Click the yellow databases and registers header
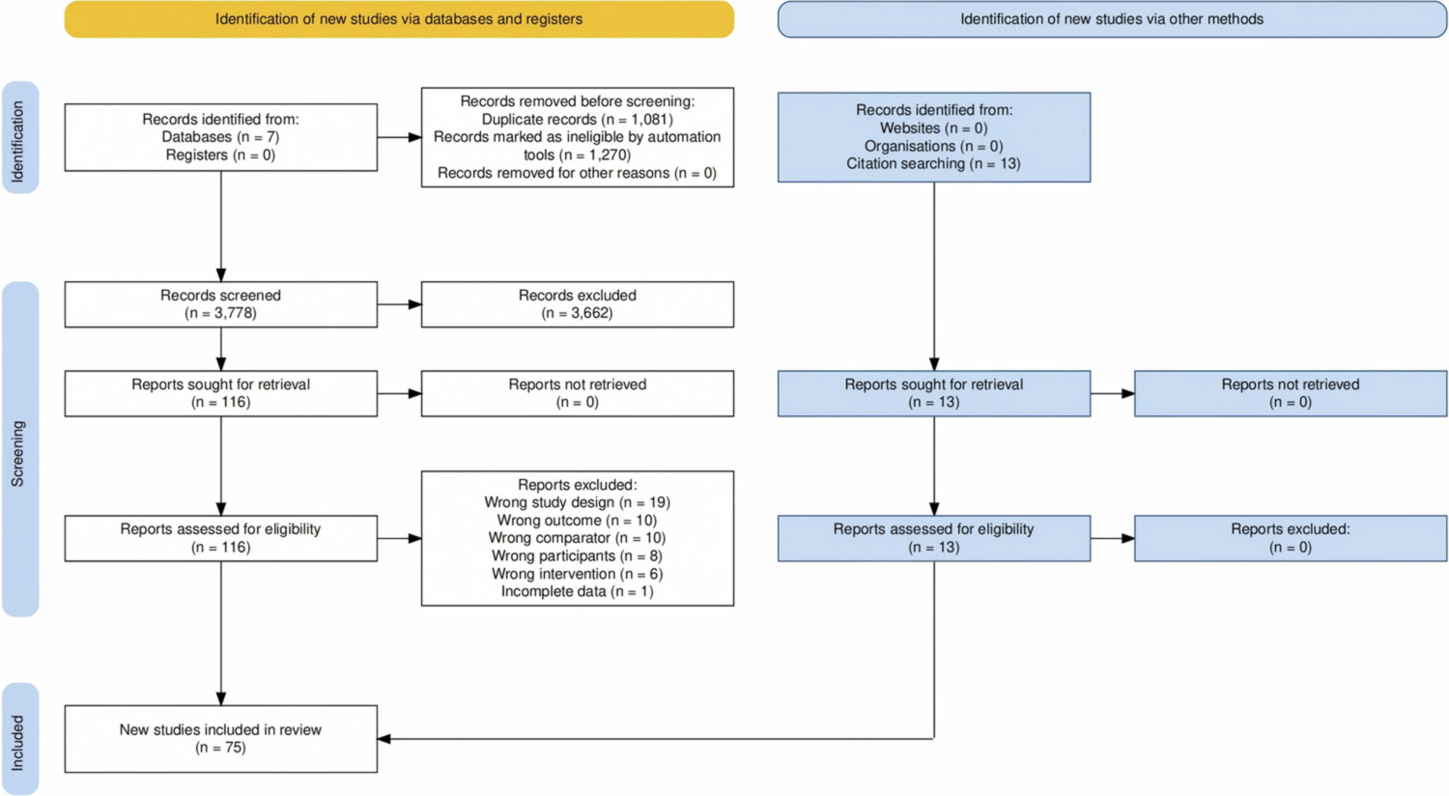click(399, 19)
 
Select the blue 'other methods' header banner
click(1112, 19)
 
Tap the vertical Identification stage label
click(20, 137)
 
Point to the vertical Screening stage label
click(20, 449)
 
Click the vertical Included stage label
click(20, 738)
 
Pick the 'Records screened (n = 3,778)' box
click(220, 304)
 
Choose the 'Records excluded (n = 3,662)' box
click(578, 304)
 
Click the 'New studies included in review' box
click(220, 738)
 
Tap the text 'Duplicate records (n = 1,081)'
click(578, 120)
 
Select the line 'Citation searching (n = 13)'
click(933, 163)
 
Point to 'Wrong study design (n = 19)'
click(577, 502)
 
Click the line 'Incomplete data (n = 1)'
click(577, 591)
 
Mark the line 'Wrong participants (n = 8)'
click(577, 556)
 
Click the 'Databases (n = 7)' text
click(220, 137)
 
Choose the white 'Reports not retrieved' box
click(578, 393)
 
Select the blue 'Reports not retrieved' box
click(1291, 393)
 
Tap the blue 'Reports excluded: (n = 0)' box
click(1291, 538)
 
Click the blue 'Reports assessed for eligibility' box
click(933, 538)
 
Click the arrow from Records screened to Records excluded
click(399, 304)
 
